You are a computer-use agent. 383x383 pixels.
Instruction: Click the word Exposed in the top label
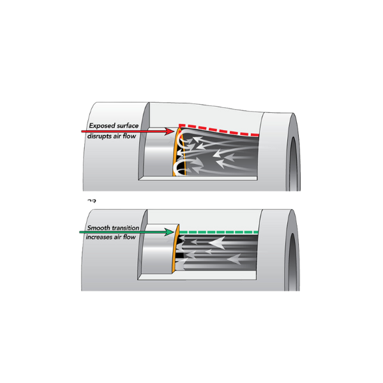tap(102, 126)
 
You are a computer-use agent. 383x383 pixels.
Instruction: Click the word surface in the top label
tap(128, 126)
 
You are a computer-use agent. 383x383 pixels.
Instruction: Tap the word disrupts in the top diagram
tap(100, 137)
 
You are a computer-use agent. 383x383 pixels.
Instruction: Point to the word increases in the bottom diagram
tap(99, 237)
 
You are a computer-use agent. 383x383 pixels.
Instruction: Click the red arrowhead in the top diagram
tap(169, 131)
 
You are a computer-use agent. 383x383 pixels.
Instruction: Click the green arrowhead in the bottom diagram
tap(169, 232)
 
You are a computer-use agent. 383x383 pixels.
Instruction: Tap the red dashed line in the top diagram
tap(219, 130)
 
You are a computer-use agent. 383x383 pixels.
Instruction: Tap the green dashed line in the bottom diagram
tap(219, 232)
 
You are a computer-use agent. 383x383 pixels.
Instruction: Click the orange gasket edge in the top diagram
tap(179, 151)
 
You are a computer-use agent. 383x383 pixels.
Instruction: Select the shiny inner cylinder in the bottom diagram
tap(158, 249)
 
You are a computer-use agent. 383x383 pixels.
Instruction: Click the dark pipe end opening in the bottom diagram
tap(292, 262)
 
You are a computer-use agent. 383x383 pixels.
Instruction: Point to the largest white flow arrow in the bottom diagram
tap(217, 243)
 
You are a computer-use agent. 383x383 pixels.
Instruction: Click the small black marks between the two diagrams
tap(91, 201)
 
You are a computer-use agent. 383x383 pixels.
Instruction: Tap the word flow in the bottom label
tap(130, 237)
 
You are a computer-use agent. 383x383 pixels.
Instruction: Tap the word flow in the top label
tap(129, 136)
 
